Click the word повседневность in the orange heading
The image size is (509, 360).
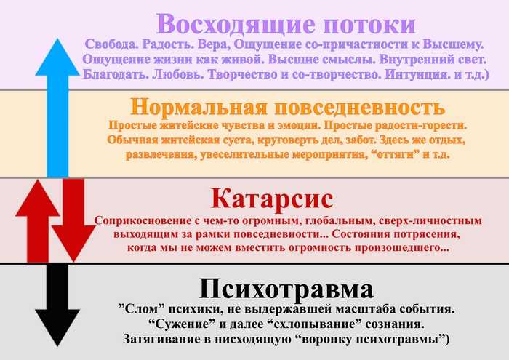[x=360, y=107]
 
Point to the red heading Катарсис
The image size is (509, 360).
[x=272, y=198]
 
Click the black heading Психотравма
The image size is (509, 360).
[x=286, y=288]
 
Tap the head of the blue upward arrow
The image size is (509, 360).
[x=57, y=57]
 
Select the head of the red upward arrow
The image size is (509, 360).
[x=38, y=198]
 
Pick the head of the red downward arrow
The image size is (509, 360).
[x=73, y=243]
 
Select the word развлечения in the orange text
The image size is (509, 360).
[x=161, y=154]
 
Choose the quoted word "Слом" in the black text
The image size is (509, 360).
[x=140, y=308]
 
